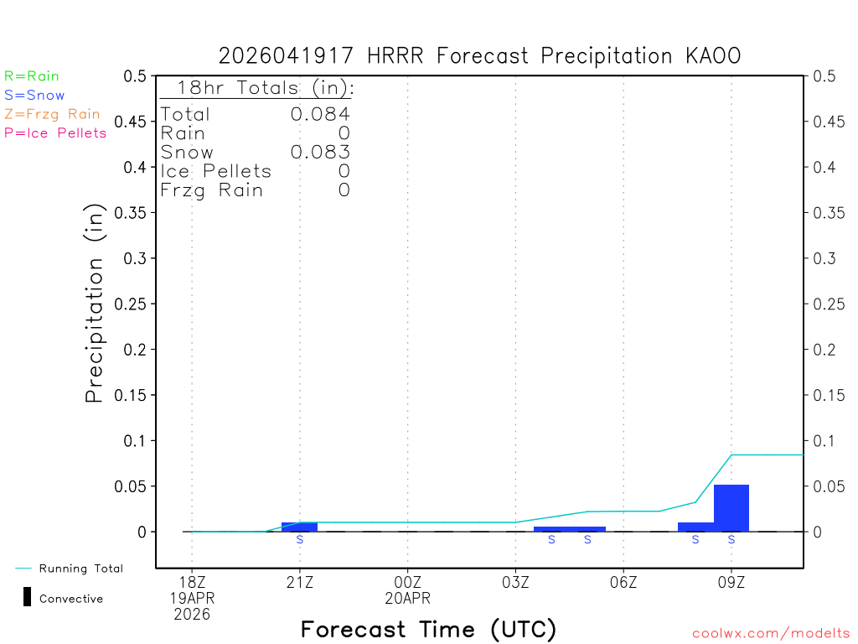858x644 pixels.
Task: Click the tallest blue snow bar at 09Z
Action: (x=731, y=507)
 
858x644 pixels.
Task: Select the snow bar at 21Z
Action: (x=299, y=527)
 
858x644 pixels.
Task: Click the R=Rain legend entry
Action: (x=32, y=76)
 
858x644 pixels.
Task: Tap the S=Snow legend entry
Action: (x=34, y=96)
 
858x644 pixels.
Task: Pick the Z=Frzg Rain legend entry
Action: (x=52, y=114)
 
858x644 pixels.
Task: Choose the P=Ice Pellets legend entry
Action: (x=55, y=132)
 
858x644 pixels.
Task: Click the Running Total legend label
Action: (x=81, y=569)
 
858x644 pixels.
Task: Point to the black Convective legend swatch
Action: (x=27, y=597)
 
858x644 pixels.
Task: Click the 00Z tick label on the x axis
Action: (x=407, y=581)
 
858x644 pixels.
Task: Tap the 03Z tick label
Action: (x=515, y=581)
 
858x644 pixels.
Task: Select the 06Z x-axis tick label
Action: (x=623, y=581)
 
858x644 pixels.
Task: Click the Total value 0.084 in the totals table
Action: (x=320, y=115)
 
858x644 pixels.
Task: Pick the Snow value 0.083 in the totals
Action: (x=320, y=153)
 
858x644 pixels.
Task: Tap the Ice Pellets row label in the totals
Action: (x=216, y=171)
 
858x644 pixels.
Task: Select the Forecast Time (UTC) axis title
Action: (x=428, y=629)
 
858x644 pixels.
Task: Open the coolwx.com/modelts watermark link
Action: (x=771, y=634)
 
